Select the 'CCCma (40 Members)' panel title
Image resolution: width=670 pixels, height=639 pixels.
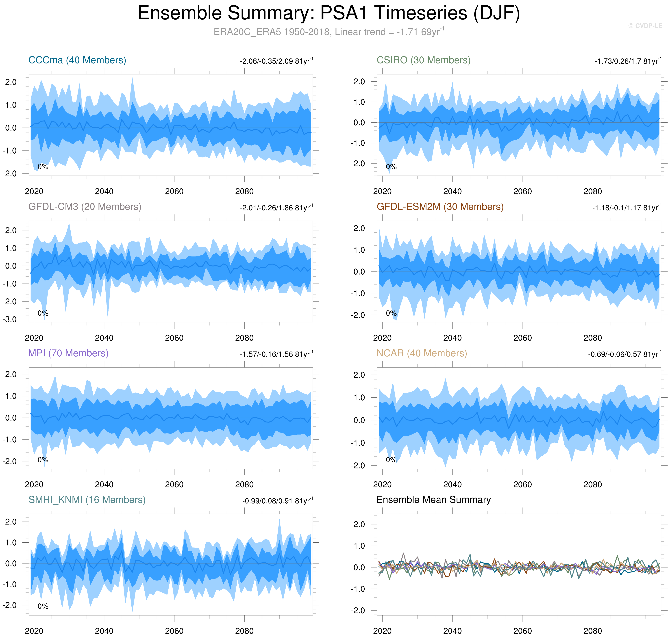click(x=77, y=60)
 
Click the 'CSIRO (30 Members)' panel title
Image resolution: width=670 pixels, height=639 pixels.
click(x=423, y=60)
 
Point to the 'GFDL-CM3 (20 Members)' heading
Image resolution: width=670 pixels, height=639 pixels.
click(x=85, y=207)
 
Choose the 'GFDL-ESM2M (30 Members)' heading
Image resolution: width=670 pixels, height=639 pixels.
click(x=440, y=207)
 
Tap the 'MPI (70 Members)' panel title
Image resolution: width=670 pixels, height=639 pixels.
click(x=68, y=353)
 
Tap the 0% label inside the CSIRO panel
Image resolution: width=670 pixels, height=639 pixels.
click(x=391, y=167)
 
